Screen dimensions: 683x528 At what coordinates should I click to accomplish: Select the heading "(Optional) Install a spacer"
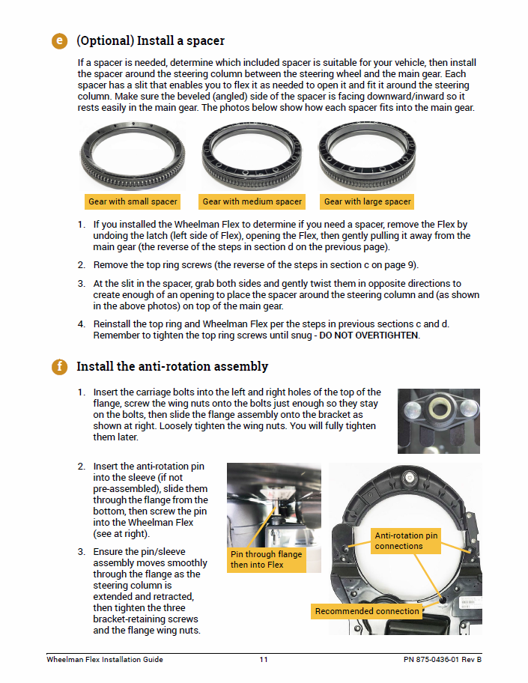(150, 40)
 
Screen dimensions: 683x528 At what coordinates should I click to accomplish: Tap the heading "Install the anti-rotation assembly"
(172, 367)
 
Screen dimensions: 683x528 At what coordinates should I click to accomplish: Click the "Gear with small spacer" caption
(133, 201)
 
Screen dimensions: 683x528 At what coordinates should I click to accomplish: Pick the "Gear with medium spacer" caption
(252, 201)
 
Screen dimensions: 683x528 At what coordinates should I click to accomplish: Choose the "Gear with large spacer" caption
(367, 201)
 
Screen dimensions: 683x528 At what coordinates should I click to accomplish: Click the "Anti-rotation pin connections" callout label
(407, 541)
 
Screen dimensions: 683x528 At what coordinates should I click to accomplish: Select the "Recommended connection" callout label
(367, 611)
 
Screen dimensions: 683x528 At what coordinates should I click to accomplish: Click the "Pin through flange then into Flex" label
(266, 559)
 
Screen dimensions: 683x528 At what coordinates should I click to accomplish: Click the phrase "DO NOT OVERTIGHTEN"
(369, 336)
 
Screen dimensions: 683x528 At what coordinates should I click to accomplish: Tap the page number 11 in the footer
(264, 660)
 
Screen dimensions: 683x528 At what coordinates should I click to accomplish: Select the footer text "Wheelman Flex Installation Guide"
(105, 660)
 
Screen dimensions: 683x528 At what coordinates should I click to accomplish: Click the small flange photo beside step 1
(438, 420)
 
